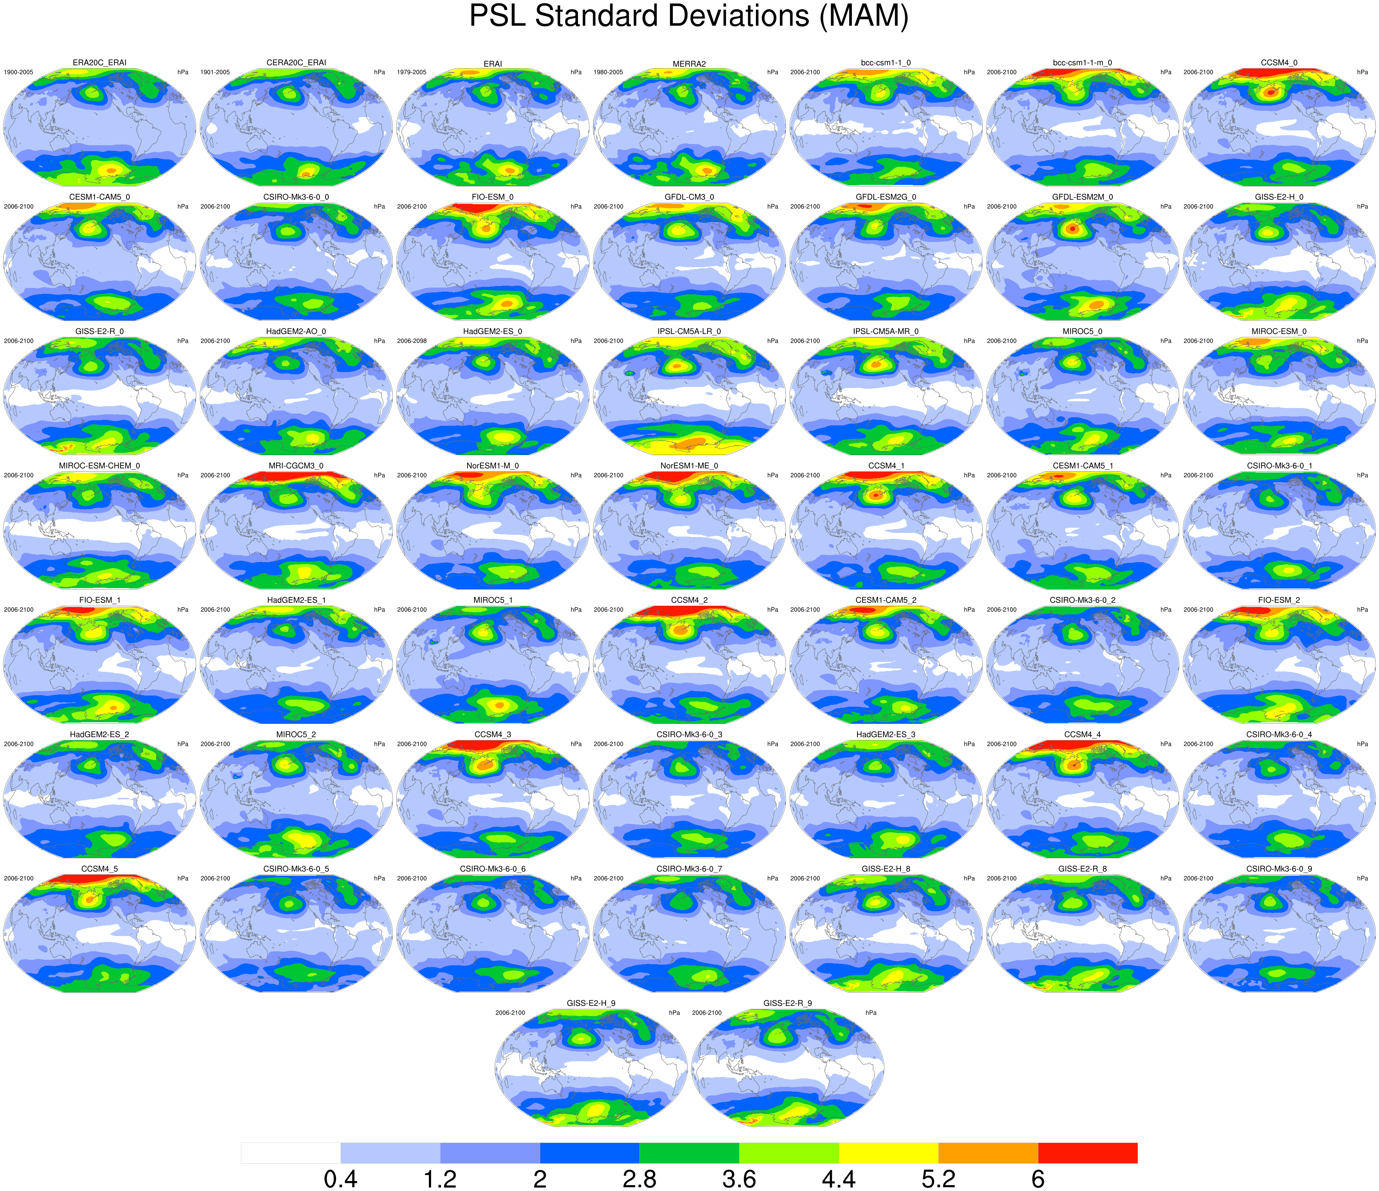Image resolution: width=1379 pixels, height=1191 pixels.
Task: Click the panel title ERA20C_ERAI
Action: click(99, 63)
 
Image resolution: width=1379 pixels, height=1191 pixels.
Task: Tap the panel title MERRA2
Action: click(689, 64)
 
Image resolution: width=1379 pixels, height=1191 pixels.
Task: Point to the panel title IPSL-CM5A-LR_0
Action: click(689, 331)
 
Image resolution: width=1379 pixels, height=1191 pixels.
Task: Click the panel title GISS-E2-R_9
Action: click(787, 1003)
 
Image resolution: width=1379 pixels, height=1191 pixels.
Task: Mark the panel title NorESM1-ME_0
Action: click(689, 466)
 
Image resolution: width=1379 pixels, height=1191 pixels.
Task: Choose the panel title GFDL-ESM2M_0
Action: click(1082, 197)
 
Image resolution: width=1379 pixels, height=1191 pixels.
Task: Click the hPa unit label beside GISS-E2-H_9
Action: click(674, 1013)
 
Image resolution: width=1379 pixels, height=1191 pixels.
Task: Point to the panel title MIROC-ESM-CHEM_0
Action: click(99, 466)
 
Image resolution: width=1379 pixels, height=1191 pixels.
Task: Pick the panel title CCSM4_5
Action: click(99, 869)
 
